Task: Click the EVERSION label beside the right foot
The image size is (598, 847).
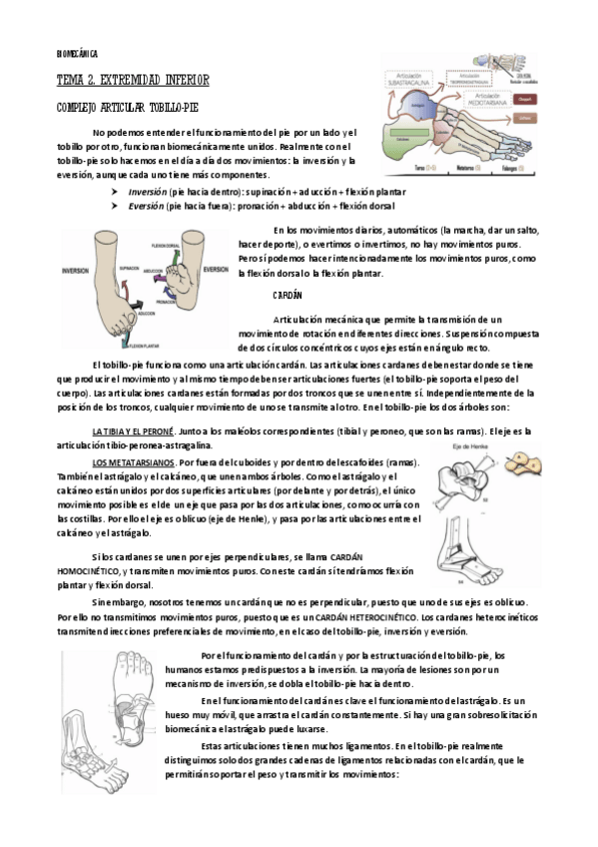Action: tap(216, 270)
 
